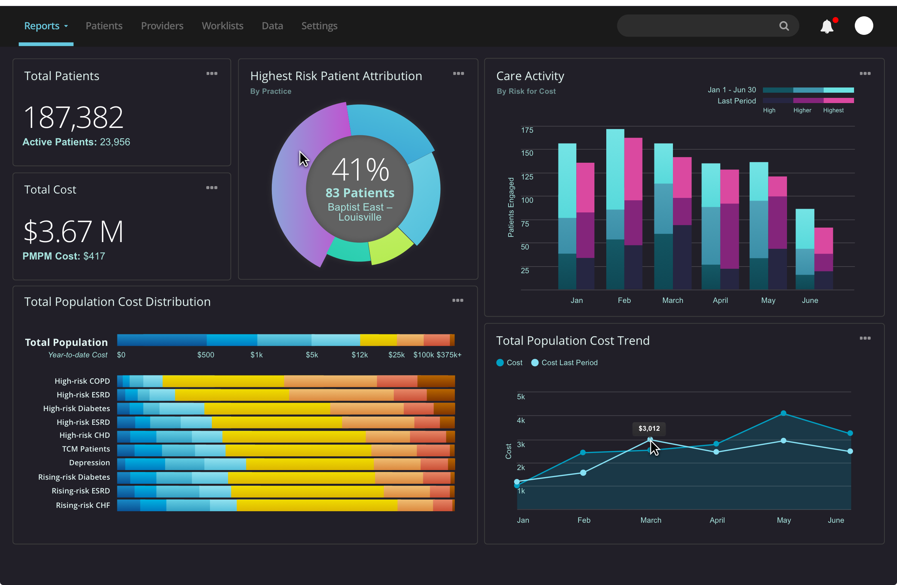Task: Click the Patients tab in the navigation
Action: coord(104,26)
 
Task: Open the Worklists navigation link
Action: coord(222,26)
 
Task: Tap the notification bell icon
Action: coord(827,26)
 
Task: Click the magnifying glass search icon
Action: coord(784,26)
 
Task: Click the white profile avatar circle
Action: coord(863,26)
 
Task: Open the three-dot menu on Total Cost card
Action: coord(211,188)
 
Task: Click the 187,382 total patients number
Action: coord(73,117)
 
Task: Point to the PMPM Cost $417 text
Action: coord(64,256)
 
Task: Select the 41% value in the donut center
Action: coord(360,170)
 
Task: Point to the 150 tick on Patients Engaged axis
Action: coord(527,153)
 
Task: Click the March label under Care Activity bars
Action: coord(672,300)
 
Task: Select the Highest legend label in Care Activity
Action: coord(833,110)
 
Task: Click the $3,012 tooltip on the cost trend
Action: coord(649,429)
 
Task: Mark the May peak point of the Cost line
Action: coord(783,413)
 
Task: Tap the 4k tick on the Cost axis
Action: coord(520,420)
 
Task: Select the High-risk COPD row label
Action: coord(82,381)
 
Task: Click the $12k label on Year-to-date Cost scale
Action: coord(360,355)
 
